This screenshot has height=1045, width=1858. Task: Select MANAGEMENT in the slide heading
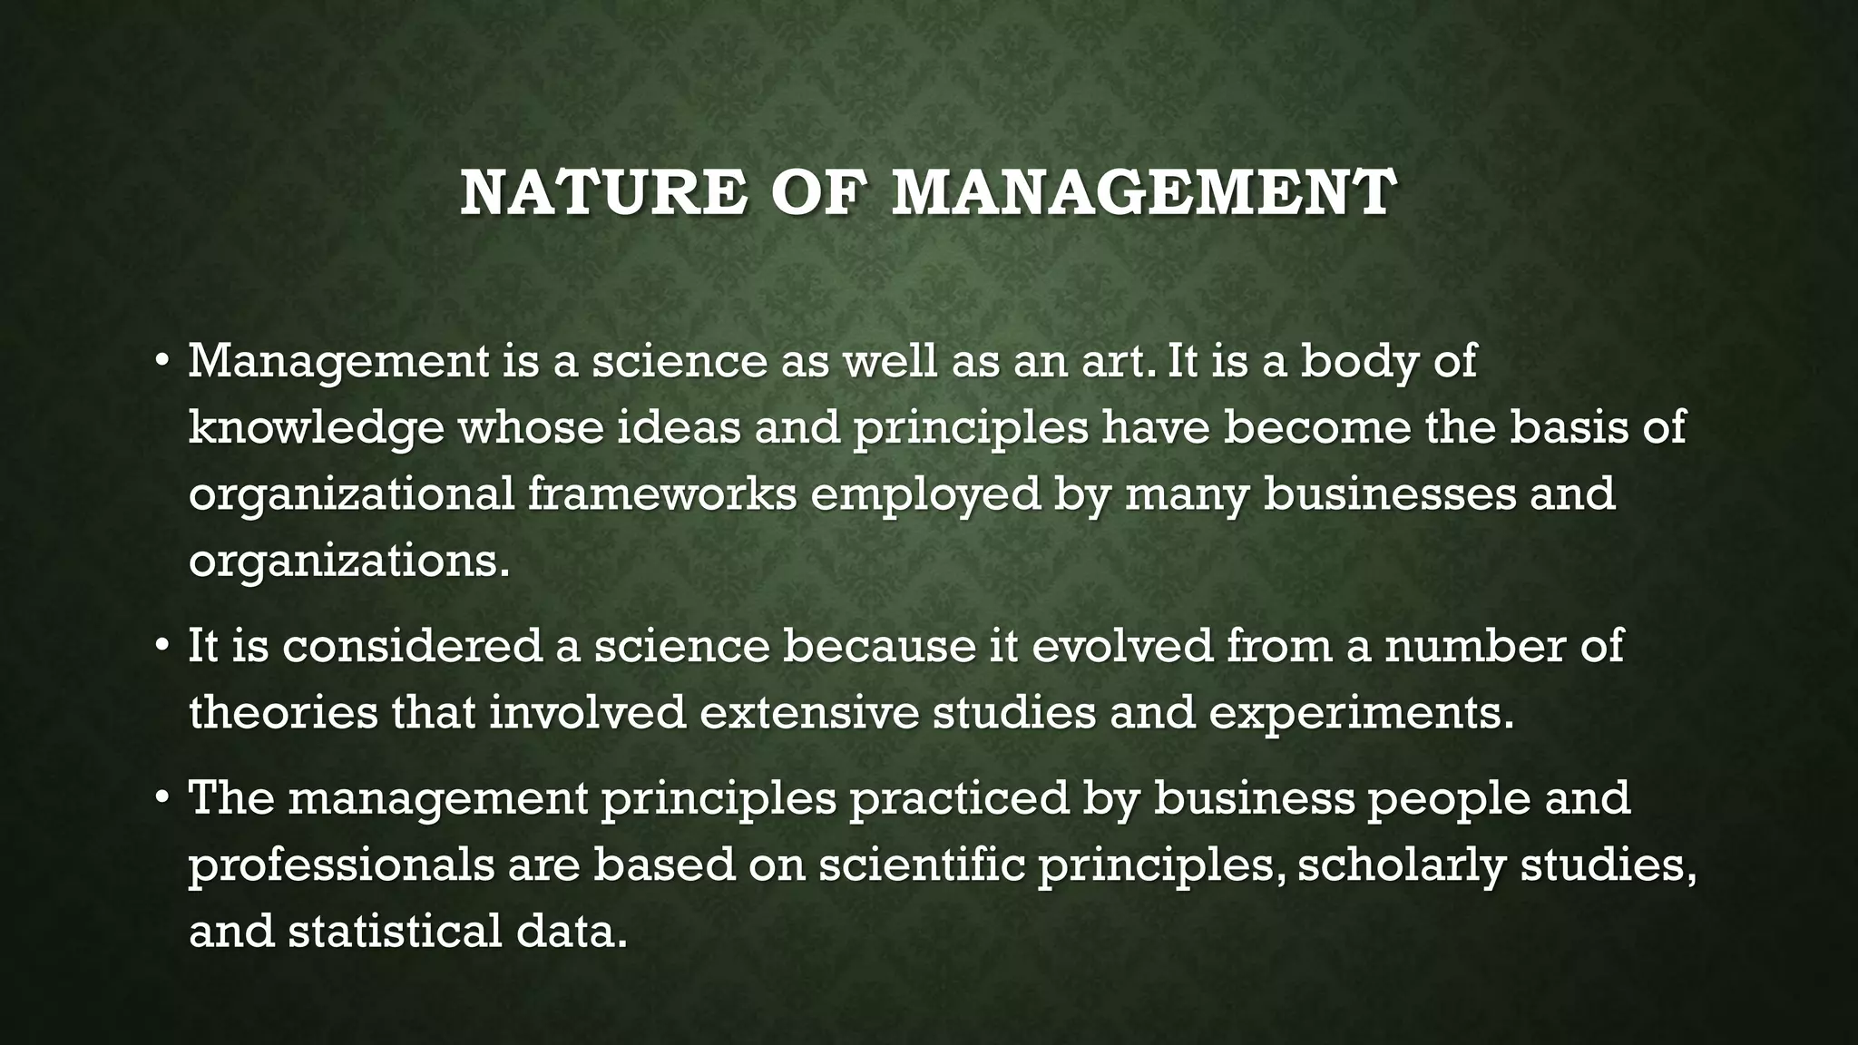[1143, 193]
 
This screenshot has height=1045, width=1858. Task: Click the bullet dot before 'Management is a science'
[161, 361]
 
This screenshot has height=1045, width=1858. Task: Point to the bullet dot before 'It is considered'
[161, 646]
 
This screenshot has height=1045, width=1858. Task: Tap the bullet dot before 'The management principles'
[161, 798]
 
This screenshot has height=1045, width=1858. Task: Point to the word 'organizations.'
[349, 562]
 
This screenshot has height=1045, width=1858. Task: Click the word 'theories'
[283, 712]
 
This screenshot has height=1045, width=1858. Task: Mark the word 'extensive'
[809, 712]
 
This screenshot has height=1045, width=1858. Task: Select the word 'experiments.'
[1361, 714]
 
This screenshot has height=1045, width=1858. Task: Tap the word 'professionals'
[342, 865]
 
